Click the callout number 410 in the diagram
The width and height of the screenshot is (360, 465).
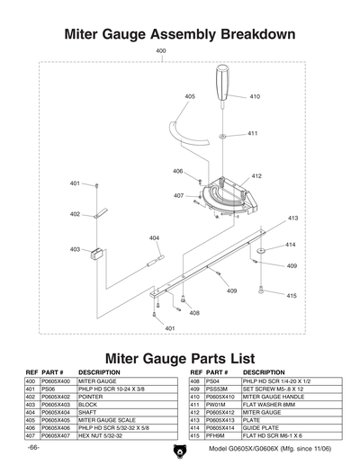pos(255,96)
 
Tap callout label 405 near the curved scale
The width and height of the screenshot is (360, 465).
pos(190,96)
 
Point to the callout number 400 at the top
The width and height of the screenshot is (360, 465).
pos(161,51)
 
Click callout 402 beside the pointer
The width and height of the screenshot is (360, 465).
pos(75,214)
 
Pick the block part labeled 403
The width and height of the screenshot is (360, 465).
pos(98,252)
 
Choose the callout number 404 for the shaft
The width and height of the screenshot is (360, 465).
pos(154,238)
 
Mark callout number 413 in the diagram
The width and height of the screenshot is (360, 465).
pos(292,219)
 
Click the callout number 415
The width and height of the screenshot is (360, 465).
pos(292,296)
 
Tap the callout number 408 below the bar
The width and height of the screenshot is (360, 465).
pos(194,312)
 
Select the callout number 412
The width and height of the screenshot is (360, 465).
pos(256,176)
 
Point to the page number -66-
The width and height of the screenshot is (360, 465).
pos(33,448)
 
